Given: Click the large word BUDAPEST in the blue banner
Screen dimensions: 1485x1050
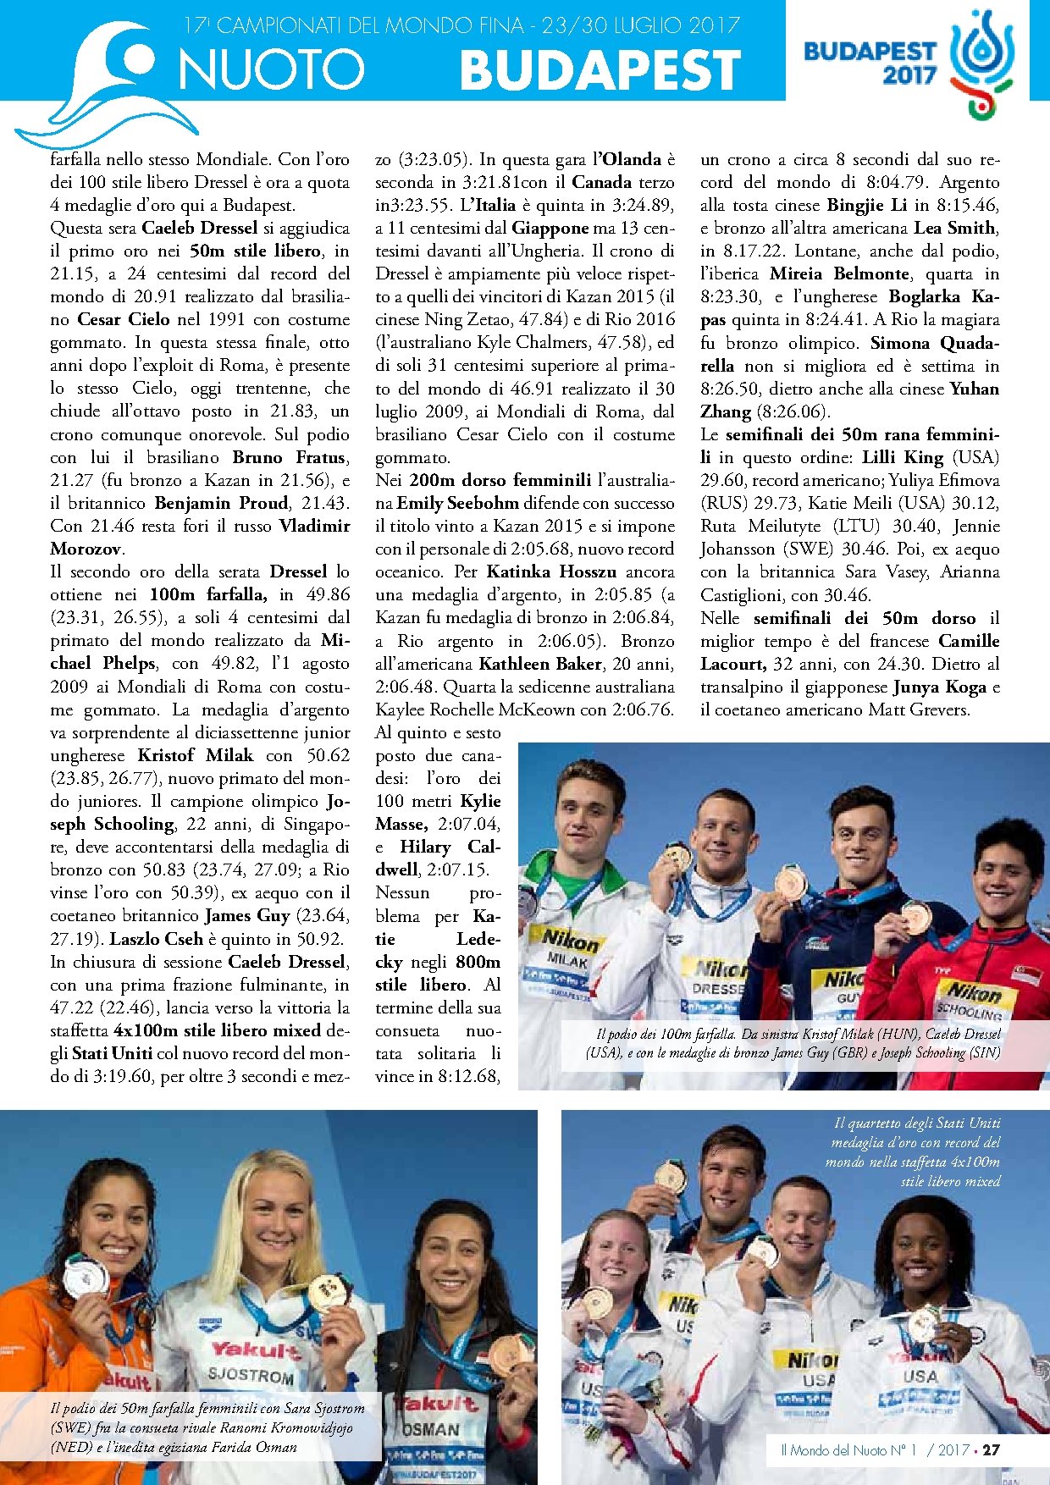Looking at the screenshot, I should (x=600, y=69).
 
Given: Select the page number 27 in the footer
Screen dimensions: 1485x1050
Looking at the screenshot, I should (x=991, y=1449).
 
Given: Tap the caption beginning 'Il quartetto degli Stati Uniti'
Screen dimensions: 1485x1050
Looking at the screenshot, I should (x=915, y=1151).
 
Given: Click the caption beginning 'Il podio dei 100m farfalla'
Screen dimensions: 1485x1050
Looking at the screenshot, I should (x=793, y=1043).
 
